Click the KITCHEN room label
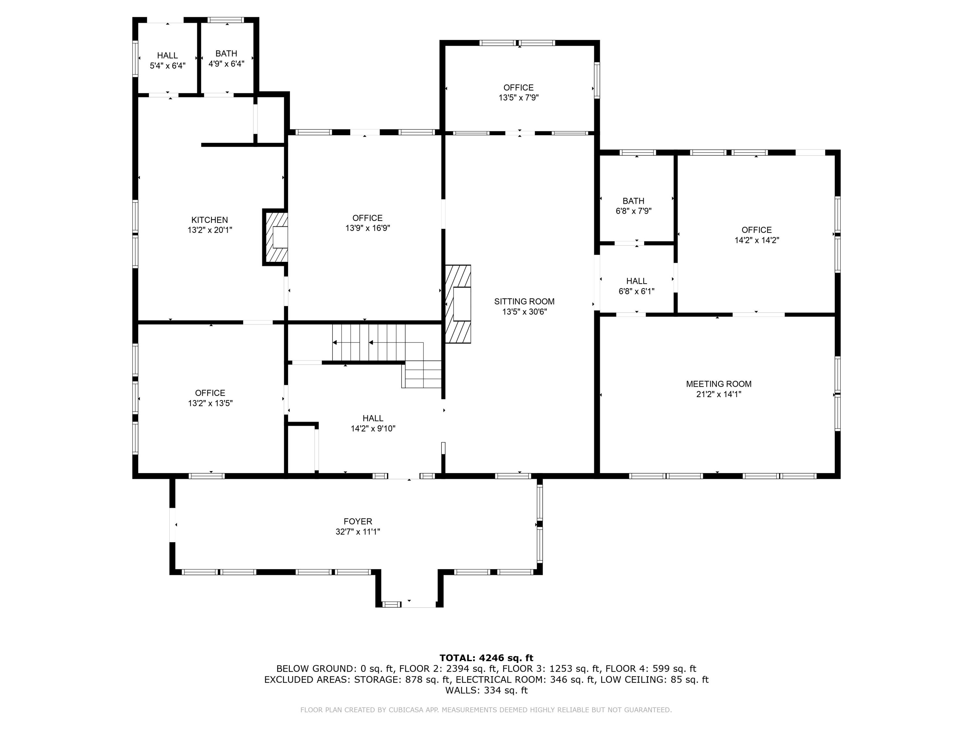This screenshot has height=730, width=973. tap(210, 220)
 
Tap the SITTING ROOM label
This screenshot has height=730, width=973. tap(524, 301)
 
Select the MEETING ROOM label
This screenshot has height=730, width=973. tap(718, 384)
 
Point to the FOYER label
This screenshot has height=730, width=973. tap(358, 521)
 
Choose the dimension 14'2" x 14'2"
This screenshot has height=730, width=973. tap(757, 240)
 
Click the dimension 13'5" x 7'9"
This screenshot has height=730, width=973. tap(518, 98)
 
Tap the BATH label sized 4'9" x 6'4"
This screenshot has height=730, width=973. tap(226, 54)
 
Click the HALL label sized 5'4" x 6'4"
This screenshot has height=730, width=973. tap(167, 55)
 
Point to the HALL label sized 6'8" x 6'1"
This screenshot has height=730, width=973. tap(636, 281)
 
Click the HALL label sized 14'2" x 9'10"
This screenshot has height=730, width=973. tap(373, 418)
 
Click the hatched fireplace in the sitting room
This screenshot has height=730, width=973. tap(458, 304)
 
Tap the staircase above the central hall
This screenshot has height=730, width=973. tap(378, 347)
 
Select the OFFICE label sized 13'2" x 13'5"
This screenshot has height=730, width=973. tap(210, 393)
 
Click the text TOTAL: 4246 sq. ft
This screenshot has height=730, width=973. tap(486, 658)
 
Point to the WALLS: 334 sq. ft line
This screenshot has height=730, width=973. tap(486, 690)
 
